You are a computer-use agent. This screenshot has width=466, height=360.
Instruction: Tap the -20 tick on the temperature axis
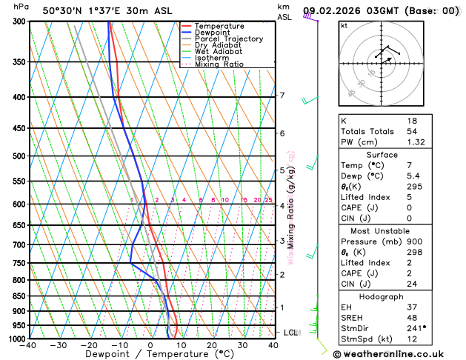point(89,345)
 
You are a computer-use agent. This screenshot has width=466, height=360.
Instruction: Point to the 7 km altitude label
point(282,96)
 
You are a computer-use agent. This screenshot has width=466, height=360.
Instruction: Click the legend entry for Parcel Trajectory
point(227,39)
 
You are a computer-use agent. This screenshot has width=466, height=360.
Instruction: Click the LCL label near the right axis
point(290,333)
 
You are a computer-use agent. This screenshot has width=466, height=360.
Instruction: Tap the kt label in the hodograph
point(344,25)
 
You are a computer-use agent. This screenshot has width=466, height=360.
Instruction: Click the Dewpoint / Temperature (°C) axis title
point(150,355)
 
